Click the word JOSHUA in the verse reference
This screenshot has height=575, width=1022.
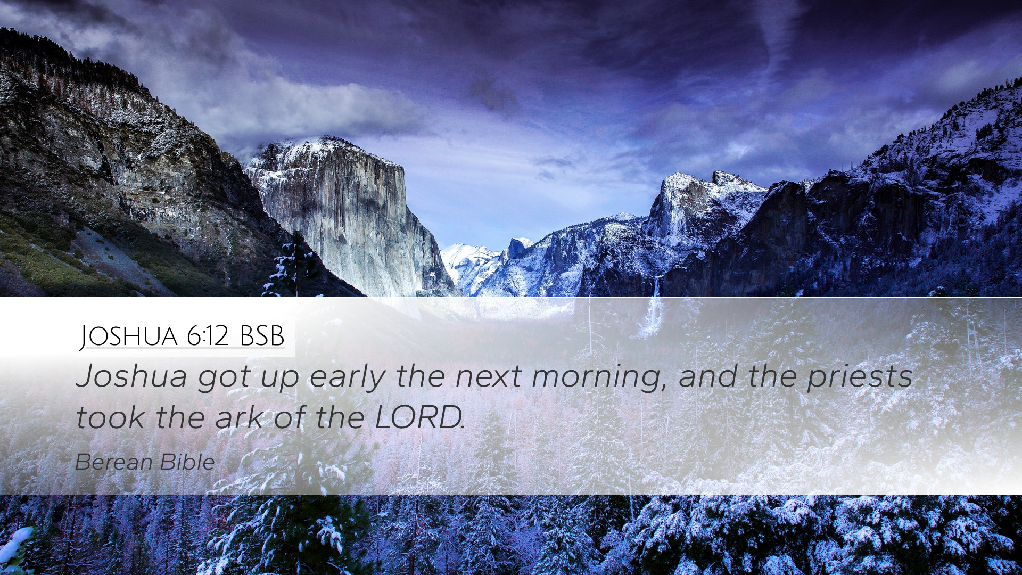(x=129, y=336)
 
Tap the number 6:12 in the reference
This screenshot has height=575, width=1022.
(x=208, y=336)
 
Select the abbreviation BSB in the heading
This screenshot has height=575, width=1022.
(x=262, y=336)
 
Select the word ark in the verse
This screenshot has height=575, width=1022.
(x=239, y=417)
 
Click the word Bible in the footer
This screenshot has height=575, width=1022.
(x=187, y=462)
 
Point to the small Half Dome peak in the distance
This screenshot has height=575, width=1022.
(x=518, y=248)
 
